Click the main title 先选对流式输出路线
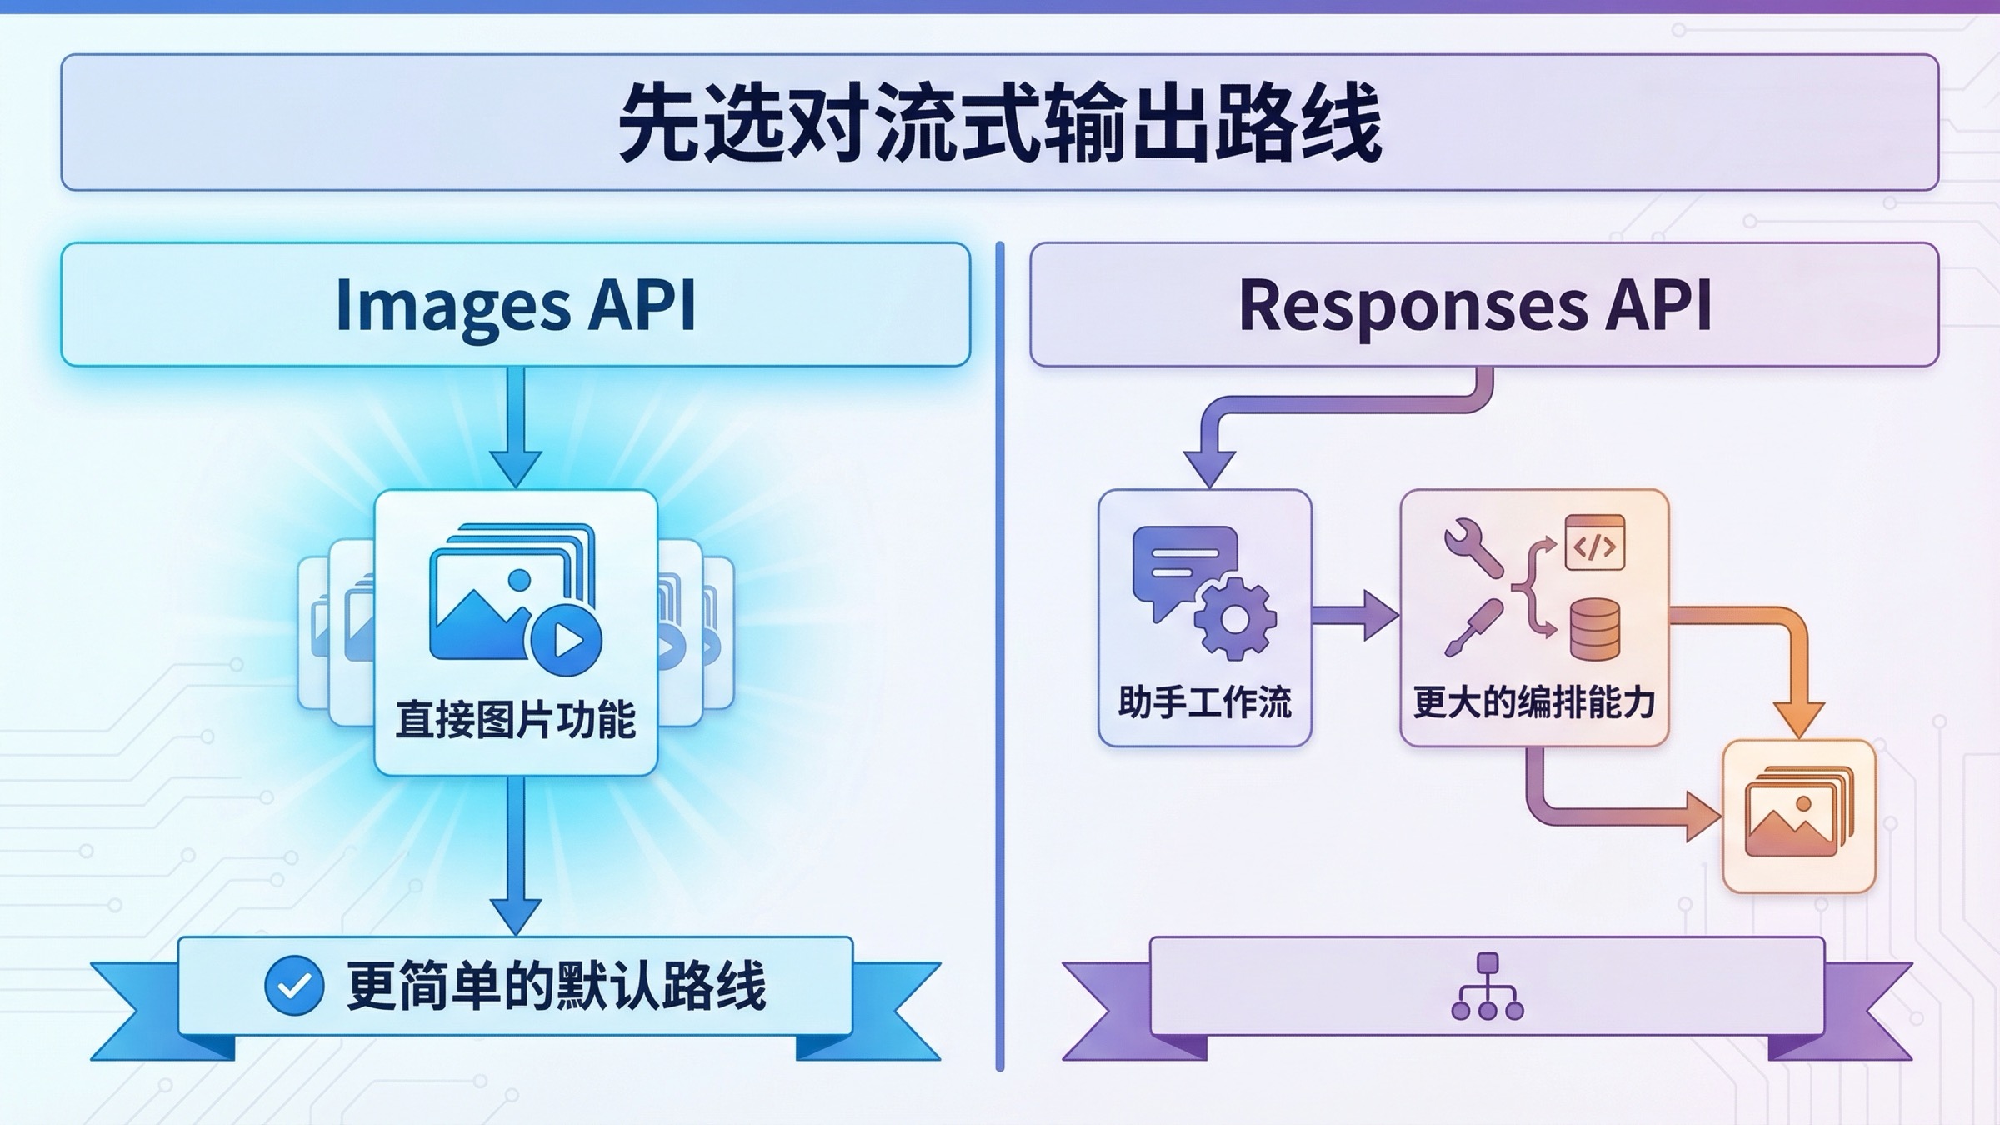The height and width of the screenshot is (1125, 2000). [x=999, y=123]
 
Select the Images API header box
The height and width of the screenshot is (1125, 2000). [x=515, y=304]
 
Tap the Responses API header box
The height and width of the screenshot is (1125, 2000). [x=1483, y=304]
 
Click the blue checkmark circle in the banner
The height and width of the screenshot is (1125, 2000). [x=294, y=986]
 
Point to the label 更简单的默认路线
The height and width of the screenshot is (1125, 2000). [x=556, y=986]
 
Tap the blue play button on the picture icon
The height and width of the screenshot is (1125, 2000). [x=567, y=640]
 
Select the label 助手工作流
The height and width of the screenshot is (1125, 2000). [x=1204, y=702]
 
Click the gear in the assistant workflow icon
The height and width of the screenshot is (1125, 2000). [x=1235, y=619]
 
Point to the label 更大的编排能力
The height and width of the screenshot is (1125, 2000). [x=1533, y=702]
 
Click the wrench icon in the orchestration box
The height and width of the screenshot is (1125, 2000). [x=1473, y=547]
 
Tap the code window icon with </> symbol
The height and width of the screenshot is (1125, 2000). [x=1594, y=543]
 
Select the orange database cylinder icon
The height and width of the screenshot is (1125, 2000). [x=1594, y=630]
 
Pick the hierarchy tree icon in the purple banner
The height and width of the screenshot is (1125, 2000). [x=1487, y=987]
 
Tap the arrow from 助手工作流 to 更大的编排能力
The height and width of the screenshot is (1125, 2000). [x=1354, y=616]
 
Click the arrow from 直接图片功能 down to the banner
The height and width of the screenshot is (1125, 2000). [x=515, y=855]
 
